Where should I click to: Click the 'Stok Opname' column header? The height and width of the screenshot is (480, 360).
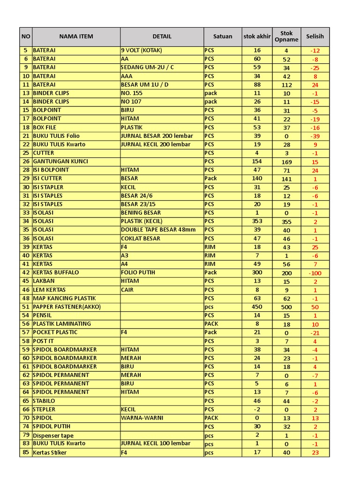pyautogui.click(x=286, y=37)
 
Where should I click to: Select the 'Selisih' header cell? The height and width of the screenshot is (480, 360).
pyautogui.click(x=315, y=37)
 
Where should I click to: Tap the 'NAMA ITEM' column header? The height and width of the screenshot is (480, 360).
pyautogui.click(x=76, y=37)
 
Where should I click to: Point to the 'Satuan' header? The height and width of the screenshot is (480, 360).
pyautogui.click(x=223, y=37)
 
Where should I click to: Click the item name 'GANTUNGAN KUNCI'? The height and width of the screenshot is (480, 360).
pyautogui.click(x=60, y=162)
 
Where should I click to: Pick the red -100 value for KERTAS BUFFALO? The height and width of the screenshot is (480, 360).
pyautogui.click(x=315, y=273)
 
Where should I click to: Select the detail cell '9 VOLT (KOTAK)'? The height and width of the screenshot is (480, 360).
pyautogui.click(x=141, y=50)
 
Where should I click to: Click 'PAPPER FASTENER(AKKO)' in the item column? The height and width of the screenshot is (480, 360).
pyautogui.click(x=67, y=307)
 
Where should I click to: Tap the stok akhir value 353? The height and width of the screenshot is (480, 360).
pyautogui.click(x=257, y=221)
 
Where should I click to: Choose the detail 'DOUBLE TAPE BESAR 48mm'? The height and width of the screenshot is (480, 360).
pyautogui.click(x=158, y=230)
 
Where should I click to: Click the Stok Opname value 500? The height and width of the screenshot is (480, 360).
pyautogui.click(x=286, y=307)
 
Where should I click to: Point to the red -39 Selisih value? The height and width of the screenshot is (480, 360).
pyautogui.click(x=315, y=136)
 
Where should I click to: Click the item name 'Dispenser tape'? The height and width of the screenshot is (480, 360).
pyautogui.click(x=53, y=435)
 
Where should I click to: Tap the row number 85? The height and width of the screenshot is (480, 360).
pyautogui.click(x=26, y=453)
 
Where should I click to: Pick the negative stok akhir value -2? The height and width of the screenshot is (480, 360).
pyautogui.click(x=257, y=409)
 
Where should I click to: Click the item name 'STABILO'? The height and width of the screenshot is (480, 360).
pyautogui.click(x=44, y=401)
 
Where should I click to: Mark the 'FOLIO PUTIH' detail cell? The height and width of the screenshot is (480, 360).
pyautogui.click(x=138, y=272)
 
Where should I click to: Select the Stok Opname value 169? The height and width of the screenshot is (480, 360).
pyautogui.click(x=286, y=162)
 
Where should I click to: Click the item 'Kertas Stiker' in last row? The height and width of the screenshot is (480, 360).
pyautogui.click(x=50, y=453)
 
